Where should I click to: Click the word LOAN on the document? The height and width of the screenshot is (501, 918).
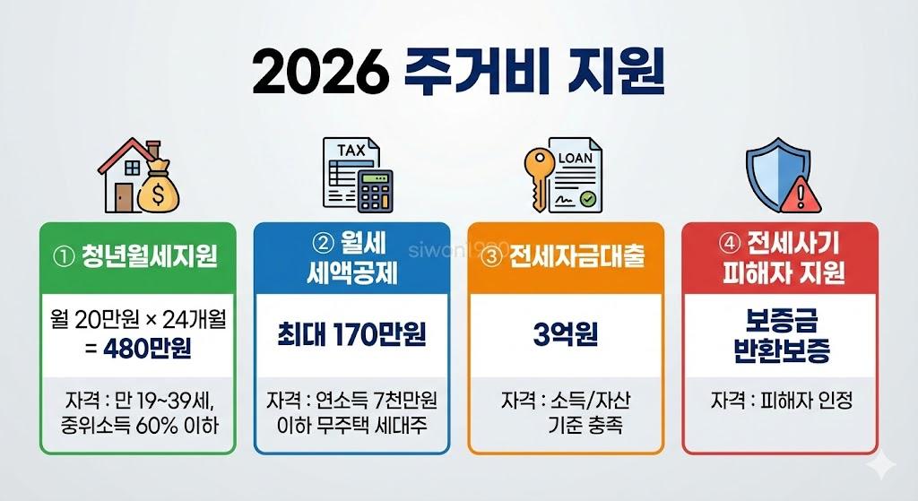pyautogui.click(x=575, y=158)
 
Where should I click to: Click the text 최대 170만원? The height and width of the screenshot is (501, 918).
pyautogui.click(x=351, y=334)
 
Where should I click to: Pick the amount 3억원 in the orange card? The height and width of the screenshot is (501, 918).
pyautogui.click(x=566, y=334)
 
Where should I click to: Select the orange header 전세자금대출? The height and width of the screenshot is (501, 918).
pyautogui.click(x=566, y=257)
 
